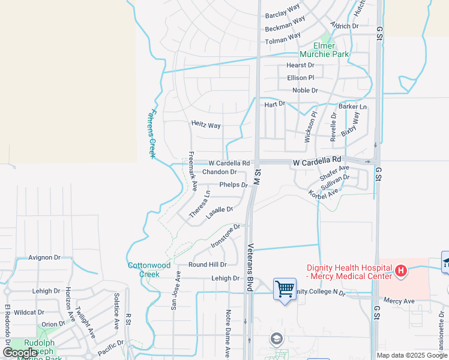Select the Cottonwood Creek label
click(149, 269)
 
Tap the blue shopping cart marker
click(285, 289)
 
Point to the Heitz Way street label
click(206, 125)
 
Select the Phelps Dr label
click(234, 185)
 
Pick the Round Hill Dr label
click(208, 265)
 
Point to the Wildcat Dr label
click(29, 313)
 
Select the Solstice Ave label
click(116, 311)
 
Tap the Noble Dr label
click(305, 91)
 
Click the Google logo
click(20, 353)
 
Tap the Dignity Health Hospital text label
click(349, 272)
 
